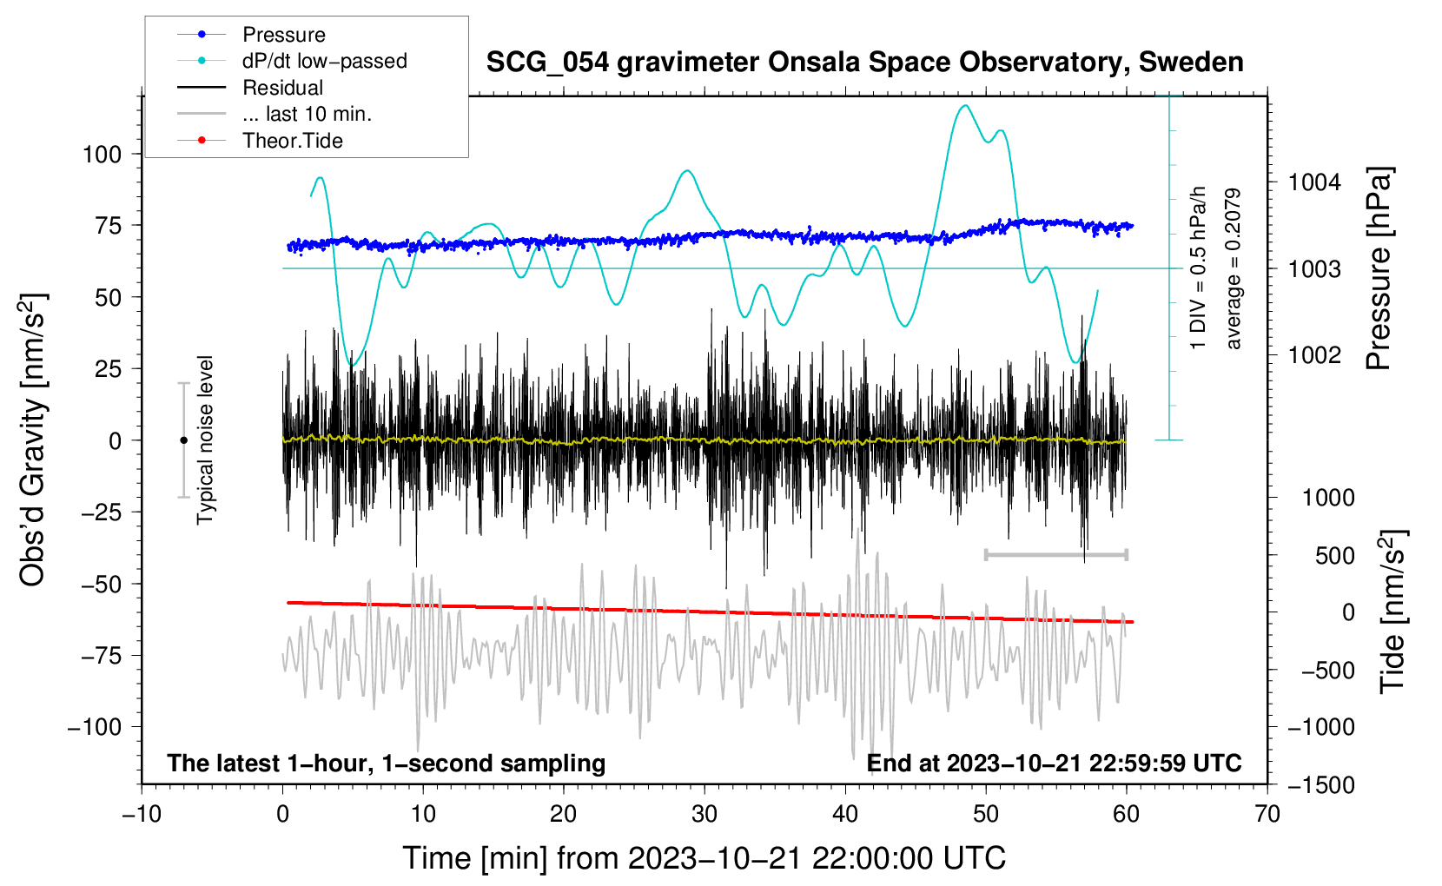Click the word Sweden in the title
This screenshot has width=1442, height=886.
point(1191,63)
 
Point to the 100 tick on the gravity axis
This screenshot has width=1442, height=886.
point(102,155)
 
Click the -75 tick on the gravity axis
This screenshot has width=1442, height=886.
point(101,656)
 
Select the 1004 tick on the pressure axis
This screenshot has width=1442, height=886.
point(1314,182)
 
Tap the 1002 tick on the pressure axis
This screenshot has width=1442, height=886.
point(1314,354)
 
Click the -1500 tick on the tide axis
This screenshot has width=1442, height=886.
point(1320,785)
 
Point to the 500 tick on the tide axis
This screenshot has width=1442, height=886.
point(1334,555)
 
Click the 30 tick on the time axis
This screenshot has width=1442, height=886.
point(704,814)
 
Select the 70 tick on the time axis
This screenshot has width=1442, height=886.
point(1267,814)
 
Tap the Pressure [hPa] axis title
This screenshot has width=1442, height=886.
point(1379,268)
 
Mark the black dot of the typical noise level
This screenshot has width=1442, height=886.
point(183,440)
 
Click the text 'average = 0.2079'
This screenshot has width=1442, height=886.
point(1233,268)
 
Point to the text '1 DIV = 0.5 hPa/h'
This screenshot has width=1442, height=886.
point(1197,268)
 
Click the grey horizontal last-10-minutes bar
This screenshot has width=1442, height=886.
point(1055,554)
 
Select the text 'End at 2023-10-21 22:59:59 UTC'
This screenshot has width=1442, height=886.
point(1054,763)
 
